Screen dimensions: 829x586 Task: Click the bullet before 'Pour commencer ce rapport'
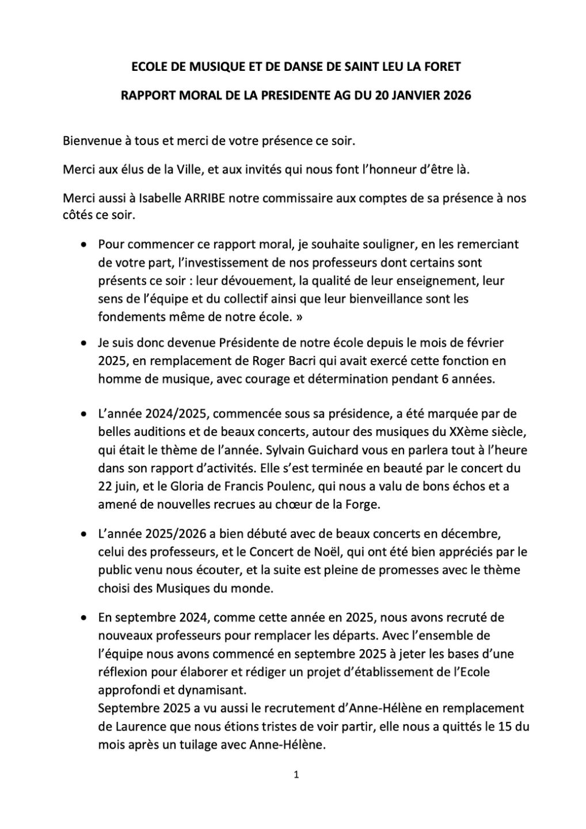[85, 244]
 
